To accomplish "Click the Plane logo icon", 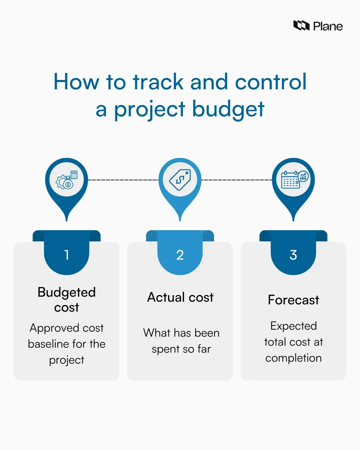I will pos(301,25).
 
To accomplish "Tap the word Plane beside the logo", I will pos(328,26).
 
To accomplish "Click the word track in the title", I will pos(158,82).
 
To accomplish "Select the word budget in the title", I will pos(228,109).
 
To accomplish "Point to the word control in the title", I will pos(271,82).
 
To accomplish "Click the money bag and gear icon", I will pos(67,180).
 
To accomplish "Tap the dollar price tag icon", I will pos(180,180).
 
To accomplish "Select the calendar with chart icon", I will pos(294,180).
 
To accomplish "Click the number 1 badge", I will pos(67,255).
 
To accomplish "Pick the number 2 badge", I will pos(180,255).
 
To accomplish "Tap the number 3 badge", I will pos(293,255).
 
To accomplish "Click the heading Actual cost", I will pos(180,297).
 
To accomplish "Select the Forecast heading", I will pos(293,300).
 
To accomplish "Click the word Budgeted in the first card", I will pos(67,292).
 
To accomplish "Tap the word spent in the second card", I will pos(165,349).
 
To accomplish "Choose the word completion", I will pos(293,358).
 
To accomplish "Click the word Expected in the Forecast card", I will pos(293,326).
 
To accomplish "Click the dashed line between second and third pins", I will pos(237,180).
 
